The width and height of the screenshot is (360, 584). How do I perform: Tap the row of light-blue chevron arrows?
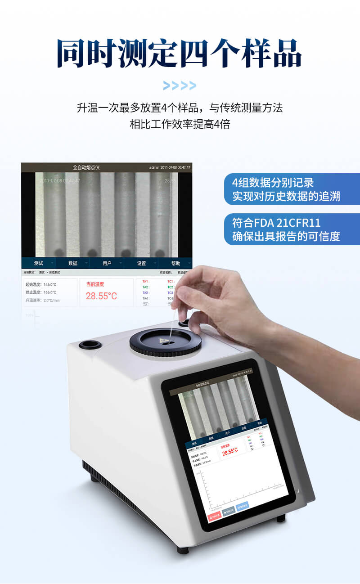click(x=180, y=85)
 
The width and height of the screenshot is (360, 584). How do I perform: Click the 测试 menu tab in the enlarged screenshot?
click(x=39, y=263)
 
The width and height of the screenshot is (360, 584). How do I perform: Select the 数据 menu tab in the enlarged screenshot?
click(x=73, y=263)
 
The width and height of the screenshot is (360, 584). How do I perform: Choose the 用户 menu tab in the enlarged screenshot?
click(x=107, y=263)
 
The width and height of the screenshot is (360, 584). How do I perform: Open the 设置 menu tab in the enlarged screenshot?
click(x=141, y=263)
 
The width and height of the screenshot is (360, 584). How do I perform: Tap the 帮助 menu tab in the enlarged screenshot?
click(x=175, y=263)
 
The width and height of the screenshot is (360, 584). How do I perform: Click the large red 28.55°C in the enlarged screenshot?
click(x=101, y=296)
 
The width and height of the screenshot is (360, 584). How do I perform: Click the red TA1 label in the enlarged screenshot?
click(x=145, y=282)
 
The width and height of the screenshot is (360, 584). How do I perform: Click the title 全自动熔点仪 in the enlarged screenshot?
click(x=86, y=167)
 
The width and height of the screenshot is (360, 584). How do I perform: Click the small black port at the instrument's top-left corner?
click(x=90, y=346)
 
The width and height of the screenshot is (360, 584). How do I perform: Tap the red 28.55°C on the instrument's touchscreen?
click(x=230, y=451)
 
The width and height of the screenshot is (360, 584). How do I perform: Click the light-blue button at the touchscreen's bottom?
click(x=243, y=505)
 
